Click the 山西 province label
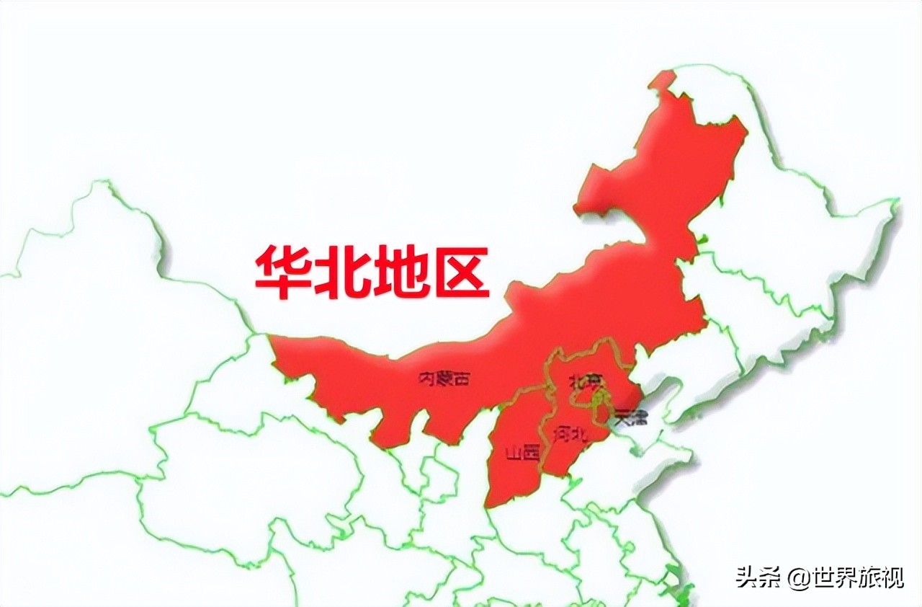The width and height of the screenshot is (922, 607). coord(522,453)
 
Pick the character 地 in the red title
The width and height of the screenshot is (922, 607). coord(402,273)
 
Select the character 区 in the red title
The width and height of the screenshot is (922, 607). coord(461,273)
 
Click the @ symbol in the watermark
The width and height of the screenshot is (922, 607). coord(796,577)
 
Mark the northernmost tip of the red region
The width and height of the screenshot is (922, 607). coord(664,72)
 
